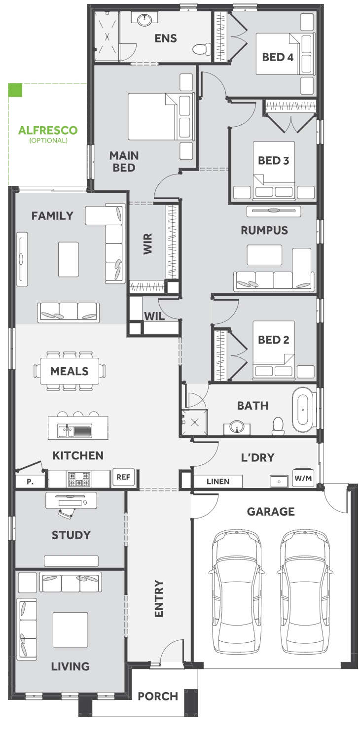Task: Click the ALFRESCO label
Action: point(48,131)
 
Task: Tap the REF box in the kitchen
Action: point(123,477)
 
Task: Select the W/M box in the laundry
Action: point(303,478)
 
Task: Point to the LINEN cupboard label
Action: point(218,482)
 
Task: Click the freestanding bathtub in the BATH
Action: point(303,409)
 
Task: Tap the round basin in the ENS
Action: point(144,20)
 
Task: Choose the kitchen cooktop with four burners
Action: point(78,479)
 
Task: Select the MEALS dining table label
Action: point(70,371)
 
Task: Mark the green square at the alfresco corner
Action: point(15,90)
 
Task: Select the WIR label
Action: point(147,244)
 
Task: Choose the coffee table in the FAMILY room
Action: point(69,259)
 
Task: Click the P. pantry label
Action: point(30,482)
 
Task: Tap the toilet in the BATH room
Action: point(278,425)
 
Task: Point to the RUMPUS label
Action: point(264,230)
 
